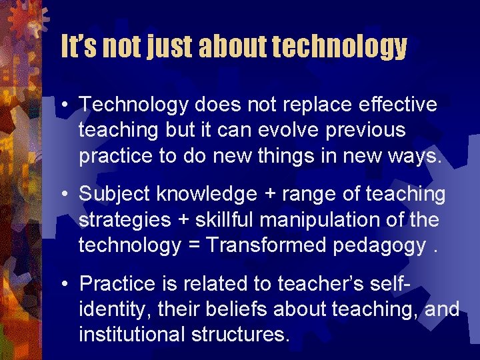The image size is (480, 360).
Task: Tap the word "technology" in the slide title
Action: click(339, 47)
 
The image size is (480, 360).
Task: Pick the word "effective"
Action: click(398, 105)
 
